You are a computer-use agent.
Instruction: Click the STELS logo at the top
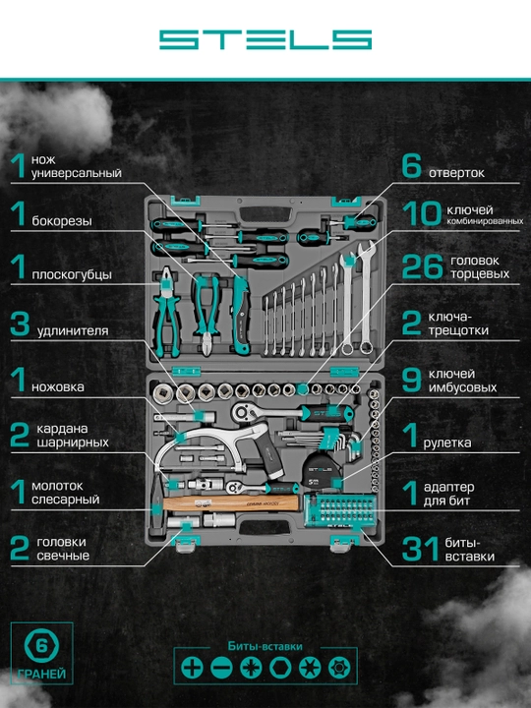(265, 39)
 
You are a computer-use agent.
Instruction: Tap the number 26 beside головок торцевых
(422, 266)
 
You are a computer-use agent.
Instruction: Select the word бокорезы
(62, 221)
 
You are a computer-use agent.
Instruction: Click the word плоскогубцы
(72, 274)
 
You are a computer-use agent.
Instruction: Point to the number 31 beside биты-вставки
(421, 549)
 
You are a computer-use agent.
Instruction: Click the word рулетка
(447, 442)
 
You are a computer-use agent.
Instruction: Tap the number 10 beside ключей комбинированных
(422, 213)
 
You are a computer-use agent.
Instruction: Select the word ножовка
(58, 387)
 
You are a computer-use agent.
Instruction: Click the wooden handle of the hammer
(231, 502)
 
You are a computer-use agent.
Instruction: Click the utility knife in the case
(240, 315)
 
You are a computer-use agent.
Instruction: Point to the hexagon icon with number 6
(41, 646)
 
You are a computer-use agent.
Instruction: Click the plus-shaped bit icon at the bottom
(192, 668)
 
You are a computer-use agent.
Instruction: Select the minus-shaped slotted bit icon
(221, 668)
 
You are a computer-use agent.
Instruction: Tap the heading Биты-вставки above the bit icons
(265, 646)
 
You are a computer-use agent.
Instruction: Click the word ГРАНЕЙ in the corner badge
(41, 675)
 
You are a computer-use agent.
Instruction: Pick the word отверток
(456, 173)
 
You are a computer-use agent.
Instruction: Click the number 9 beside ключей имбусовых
(411, 381)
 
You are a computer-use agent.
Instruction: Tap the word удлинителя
(73, 331)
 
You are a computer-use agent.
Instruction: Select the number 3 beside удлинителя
(20, 324)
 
